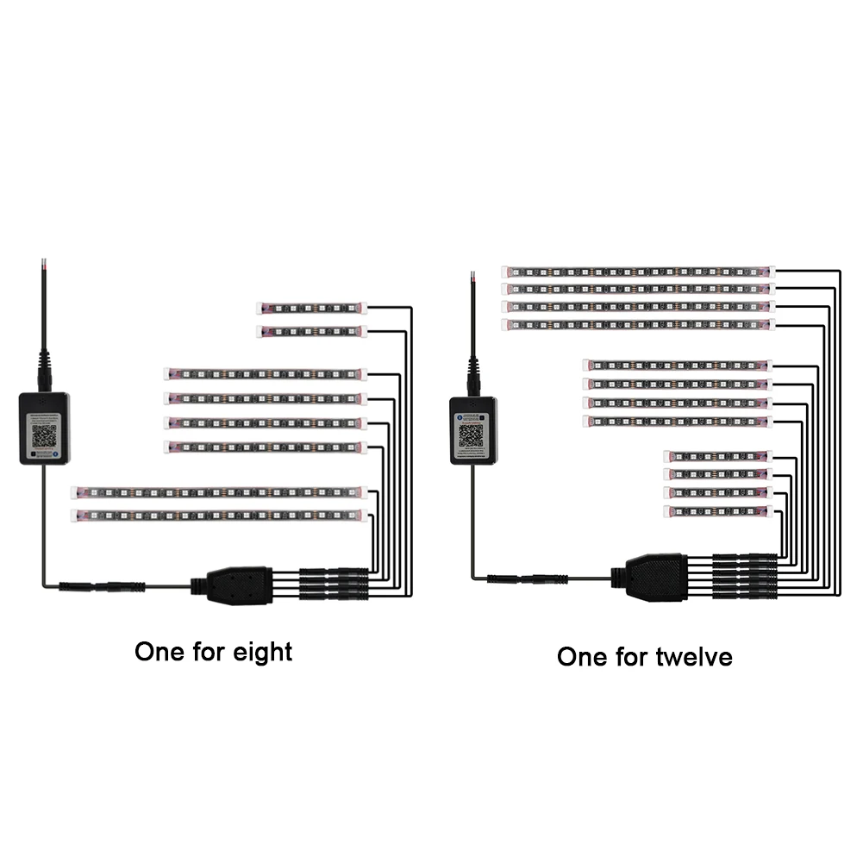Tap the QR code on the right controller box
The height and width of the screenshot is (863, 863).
point(471,435)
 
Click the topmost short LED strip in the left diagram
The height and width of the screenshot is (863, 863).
point(311,308)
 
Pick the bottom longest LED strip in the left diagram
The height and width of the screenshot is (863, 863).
point(221,516)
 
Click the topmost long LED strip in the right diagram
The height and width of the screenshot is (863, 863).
point(638,272)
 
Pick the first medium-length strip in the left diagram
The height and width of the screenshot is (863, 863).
point(266,375)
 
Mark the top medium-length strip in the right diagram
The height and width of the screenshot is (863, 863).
point(677,365)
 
